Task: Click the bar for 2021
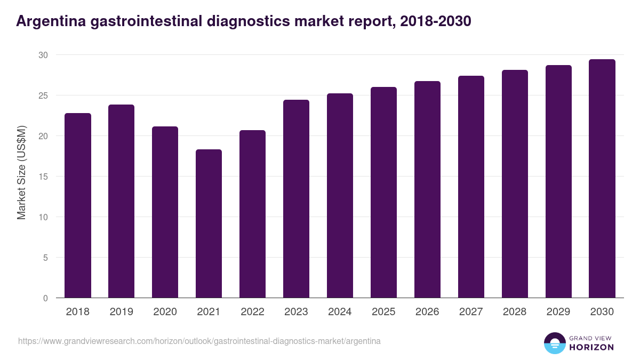[x=209, y=223]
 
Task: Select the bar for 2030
[x=602, y=179]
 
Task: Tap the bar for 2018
[x=77, y=205]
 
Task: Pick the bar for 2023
[x=296, y=199]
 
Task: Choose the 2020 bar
[x=165, y=212]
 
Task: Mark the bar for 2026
[x=427, y=189]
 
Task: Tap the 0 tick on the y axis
[x=45, y=298]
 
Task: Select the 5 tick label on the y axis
[x=45, y=258]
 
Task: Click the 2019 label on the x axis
[x=121, y=312]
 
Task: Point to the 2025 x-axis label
[x=383, y=312]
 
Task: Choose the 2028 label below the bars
[x=515, y=312]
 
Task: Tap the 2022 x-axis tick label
[x=252, y=312]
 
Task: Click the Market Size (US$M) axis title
[x=21, y=172]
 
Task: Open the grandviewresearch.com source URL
[x=199, y=341]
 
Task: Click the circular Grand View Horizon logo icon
[x=555, y=343]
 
